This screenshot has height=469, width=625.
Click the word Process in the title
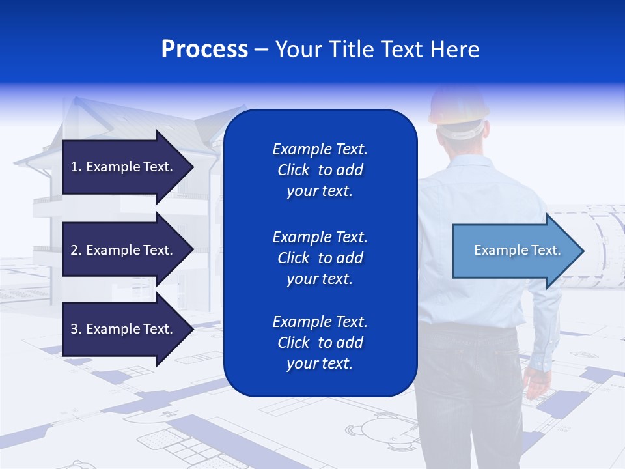pos(204,50)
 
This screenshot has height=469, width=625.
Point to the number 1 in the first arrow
pos(74,167)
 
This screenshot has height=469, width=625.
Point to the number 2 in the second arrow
pos(74,250)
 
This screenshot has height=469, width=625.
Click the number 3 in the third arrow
pos(74,329)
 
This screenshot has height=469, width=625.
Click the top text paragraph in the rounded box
pos(320,170)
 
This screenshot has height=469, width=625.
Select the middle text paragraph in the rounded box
pos(320,258)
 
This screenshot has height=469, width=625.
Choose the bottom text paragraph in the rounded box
pos(320,343)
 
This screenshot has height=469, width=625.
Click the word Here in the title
pos(456,50)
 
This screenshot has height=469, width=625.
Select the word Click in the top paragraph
pos(294,170)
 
